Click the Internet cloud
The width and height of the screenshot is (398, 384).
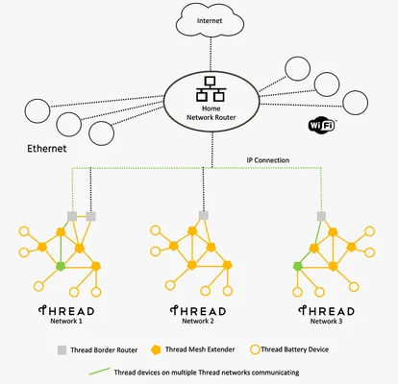(x=211, y=20)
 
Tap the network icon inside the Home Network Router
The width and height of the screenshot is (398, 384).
(x=211, y=89)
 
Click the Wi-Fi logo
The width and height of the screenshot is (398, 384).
(x=321, y=125)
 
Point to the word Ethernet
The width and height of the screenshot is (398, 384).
(x=47, y=149)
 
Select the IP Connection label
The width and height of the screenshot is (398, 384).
(x=268, y=160)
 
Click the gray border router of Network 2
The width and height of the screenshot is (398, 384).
(x=204, y=215)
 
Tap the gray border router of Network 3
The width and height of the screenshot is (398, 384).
(x=321, y=217)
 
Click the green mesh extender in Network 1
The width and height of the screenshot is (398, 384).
(x=61, y=266)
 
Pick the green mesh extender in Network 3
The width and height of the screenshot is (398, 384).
(x=298, y=266)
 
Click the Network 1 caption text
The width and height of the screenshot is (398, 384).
(x=66, y=321)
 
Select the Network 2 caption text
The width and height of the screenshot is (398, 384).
(x=198, y=321)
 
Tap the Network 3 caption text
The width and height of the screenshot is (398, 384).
(x=326, y=321)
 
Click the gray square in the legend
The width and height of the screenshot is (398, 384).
(x=62, y=349)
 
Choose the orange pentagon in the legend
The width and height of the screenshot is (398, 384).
(x=156, y=349)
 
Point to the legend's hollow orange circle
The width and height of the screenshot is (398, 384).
(x=255, y=349)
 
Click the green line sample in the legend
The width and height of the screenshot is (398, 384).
(x=99, y=372)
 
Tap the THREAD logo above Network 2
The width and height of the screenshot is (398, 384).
(x=198, y=311)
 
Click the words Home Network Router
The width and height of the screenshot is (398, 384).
(x=211, y=113)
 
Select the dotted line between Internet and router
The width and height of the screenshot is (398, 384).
(x=211, y=54)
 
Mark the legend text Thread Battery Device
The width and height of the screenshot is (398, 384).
(x=295, y=349)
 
